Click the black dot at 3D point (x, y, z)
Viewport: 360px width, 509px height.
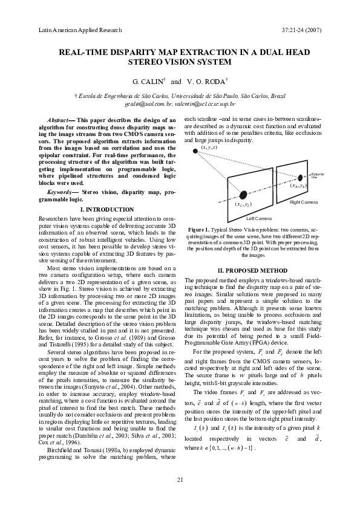[x=195, y=150]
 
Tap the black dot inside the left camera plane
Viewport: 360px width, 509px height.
[x=243, y=195]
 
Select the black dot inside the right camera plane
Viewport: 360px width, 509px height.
[x=301, y=178]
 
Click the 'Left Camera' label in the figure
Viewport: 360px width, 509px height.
[x=259, y=218]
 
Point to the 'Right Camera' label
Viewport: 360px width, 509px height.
[x=304, y=201]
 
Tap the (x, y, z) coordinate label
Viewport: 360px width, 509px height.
[x=209, y=147]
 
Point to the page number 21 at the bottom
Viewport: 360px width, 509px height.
[x=180, y=479]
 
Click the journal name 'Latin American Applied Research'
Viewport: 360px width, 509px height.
[x=80, y=29]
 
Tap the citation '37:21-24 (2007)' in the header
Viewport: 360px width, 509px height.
[x=302, y=29]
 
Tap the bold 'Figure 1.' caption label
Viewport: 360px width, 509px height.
[x=199, y=230]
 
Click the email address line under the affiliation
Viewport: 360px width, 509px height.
[x=180, y=104]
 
